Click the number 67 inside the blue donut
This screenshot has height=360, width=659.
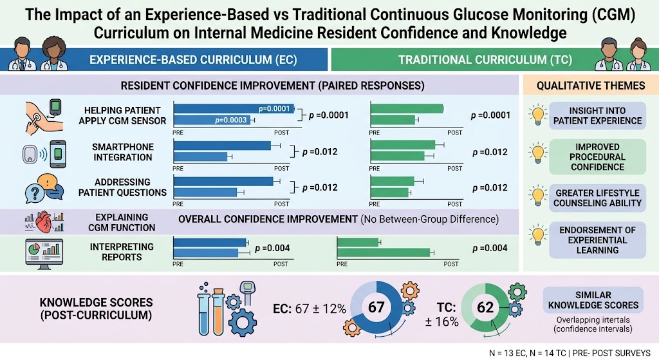376,307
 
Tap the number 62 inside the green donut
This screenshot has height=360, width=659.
485,307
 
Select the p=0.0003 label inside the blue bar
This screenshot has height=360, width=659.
231,120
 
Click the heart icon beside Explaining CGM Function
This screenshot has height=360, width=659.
44,222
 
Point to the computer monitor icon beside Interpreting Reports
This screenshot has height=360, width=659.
44,253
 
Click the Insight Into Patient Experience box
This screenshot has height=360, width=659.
597,116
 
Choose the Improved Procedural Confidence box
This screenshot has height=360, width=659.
597,157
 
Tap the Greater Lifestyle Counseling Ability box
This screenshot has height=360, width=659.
597,198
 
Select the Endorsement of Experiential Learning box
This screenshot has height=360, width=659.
597,240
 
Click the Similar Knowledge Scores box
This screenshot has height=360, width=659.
593,300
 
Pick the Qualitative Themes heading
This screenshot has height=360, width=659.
591,86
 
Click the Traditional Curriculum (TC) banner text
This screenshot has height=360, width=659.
485,60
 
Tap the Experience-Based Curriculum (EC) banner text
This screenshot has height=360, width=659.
193,60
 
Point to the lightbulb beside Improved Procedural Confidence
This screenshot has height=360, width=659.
538,153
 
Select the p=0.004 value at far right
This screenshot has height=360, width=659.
490,248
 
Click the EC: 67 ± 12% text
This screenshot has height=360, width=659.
310,308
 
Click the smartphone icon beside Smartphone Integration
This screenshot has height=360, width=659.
58,155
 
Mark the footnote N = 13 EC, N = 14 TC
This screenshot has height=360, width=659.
528,354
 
